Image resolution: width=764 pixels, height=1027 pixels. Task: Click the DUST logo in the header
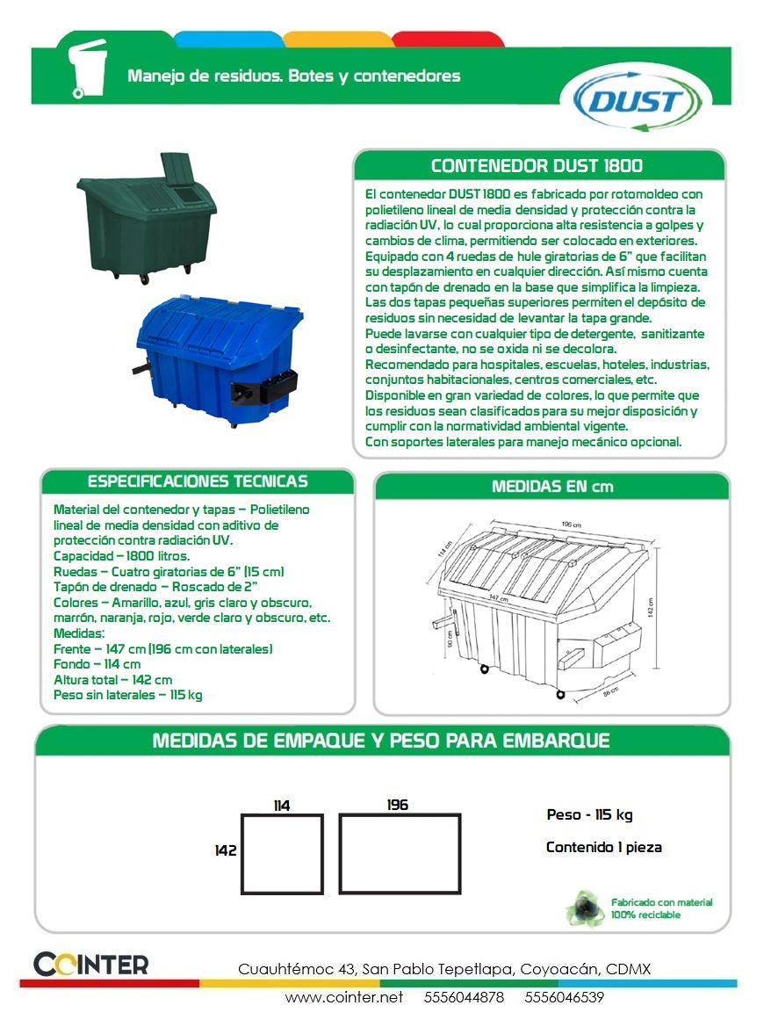point(636,100)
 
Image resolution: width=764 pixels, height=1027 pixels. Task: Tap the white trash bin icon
point(87,69)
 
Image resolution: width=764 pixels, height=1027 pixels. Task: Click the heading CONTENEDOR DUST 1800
point(537,166)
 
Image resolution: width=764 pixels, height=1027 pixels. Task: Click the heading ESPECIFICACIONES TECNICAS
point(198,481)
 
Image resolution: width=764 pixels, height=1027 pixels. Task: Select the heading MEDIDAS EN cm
point(552,486)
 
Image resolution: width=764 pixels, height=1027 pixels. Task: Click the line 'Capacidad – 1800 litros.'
point(121,556)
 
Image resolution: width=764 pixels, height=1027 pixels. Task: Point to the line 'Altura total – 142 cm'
point(112,679)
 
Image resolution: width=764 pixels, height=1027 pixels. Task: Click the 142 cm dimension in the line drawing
point(651,607)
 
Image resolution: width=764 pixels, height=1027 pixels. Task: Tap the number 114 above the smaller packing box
point(281,806)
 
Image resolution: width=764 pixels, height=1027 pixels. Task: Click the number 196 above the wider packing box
point(398,805)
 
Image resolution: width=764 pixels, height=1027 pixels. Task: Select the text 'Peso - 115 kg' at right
point(589,815)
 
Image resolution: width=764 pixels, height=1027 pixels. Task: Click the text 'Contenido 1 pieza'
point(603,848)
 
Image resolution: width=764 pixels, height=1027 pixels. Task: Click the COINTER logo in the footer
point(91,964)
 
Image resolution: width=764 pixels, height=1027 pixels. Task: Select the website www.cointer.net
point(344,997)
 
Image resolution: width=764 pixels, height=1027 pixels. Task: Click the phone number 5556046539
point(564,997)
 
